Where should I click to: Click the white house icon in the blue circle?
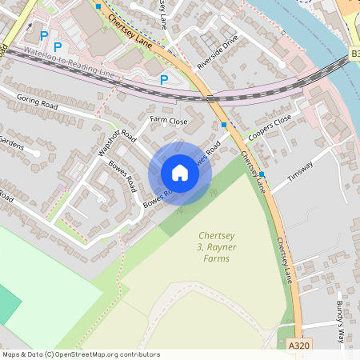click(x=180, y=173)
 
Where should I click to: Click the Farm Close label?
click(x=169, y=122)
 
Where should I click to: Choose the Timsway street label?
click(x=301, y=170)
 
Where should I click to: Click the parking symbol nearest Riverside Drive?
click(x=164, y=79)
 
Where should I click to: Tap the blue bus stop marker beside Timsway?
click(x=262, y=174)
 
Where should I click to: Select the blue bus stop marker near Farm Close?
click(x=224, y=125)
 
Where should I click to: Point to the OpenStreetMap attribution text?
click(x=81, y=354)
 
